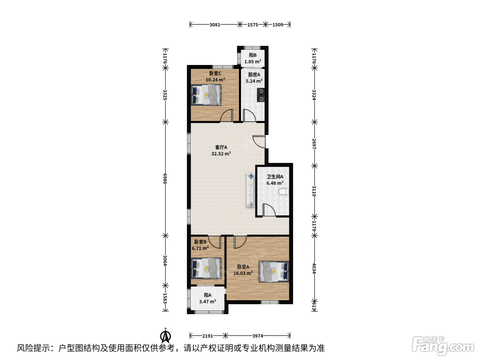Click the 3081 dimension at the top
coord(215,25)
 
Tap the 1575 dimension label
coord(253,25)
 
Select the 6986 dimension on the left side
coord(165,179)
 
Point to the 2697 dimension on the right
coord(314,144)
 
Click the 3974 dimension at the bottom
coord(257,336)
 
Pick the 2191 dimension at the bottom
coord(207,336)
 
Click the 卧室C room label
coord(215,73)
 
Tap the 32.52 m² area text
coord(221,154)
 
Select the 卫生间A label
coord(275,177)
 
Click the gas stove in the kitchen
coord(261,95)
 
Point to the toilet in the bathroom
coord(284,192)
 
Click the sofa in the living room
coord(250,190)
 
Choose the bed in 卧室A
coord(274,272)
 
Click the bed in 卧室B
coord(206,268)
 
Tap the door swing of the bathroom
coord(269,210)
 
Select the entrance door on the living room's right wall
coord(259,142)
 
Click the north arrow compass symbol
coord(166,336)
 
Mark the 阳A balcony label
coord(207,295)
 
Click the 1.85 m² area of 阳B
coord(253,62)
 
